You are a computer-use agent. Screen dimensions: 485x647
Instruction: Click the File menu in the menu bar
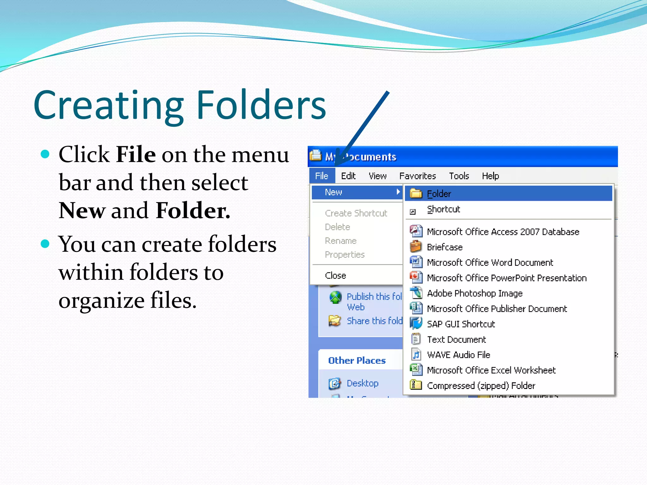tap(322, 176)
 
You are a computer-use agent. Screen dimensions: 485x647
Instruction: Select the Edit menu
tap(348, 176)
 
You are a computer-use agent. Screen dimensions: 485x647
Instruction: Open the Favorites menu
tap(417, 176)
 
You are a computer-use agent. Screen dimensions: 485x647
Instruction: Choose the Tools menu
tap(459, 176)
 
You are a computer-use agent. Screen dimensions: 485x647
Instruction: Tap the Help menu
tap(490, 176)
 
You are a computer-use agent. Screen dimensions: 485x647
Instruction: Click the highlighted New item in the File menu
tap(334, 192)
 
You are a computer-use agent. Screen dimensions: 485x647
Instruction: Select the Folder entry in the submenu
tap(439, 194)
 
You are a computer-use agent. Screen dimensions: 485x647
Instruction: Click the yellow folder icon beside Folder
tap(416, 193)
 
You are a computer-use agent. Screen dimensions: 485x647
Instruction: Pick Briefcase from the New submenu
tap(444, 247)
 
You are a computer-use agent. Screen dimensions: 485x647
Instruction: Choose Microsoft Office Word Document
tap(490, 263)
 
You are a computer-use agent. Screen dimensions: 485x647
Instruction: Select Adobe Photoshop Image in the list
tap(475, 293)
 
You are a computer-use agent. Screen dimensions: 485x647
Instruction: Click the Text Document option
tap(456, 339)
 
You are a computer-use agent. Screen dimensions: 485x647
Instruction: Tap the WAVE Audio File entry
tap(458, 355)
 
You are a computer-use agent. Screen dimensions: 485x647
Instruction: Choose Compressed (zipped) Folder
tap(481, 386)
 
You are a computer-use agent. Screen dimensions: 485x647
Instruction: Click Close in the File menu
tap(336, 276)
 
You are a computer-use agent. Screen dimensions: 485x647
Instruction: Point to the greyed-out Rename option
tap(341, 241)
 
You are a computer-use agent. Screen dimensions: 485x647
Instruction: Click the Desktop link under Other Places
tap(362, 383)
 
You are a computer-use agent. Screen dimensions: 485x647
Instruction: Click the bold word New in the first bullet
tap(82, 211)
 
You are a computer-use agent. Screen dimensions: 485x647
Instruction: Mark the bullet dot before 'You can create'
tap(45, 244)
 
